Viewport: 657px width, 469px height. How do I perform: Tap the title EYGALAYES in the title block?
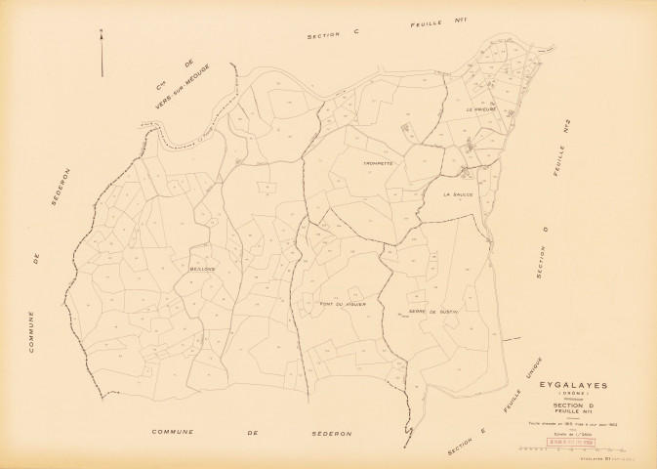574,386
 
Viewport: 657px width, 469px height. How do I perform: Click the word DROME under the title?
574,395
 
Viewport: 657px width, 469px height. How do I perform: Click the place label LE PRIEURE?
482,109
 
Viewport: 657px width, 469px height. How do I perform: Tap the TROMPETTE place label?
376,163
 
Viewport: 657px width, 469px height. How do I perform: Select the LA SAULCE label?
458,193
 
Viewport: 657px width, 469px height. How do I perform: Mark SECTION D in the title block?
573,405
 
